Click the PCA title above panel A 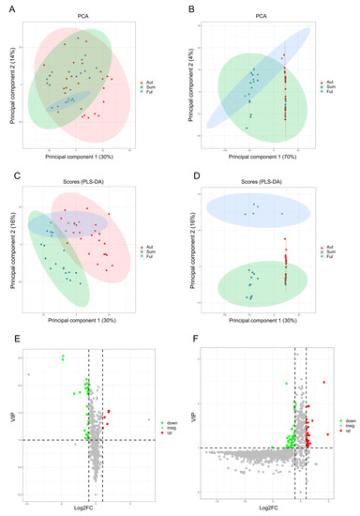coord(77,14)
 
